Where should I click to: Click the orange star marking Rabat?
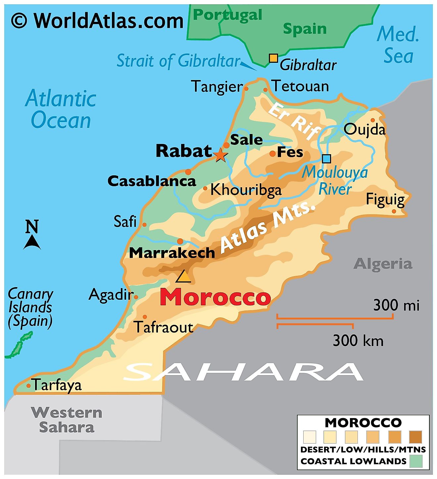[220, 154]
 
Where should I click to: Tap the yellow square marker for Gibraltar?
[273, 58]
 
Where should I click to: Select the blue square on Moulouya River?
[326, 159]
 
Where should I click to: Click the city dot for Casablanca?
[188, 172]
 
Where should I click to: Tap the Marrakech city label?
[172, 253]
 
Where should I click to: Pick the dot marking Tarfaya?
[29, 386]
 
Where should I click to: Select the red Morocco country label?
[215, 297]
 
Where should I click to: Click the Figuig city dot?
[394, 211]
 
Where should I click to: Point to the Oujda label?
[364, 129]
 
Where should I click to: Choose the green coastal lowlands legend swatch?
[416, 461]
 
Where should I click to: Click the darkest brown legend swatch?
[415, 437]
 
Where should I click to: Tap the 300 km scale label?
[358, 341]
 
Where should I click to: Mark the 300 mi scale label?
[396, 305]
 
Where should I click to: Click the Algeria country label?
[383, 264]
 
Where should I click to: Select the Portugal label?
[227, 15]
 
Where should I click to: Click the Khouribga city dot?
[205, 189]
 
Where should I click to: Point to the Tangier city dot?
[246, 89]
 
